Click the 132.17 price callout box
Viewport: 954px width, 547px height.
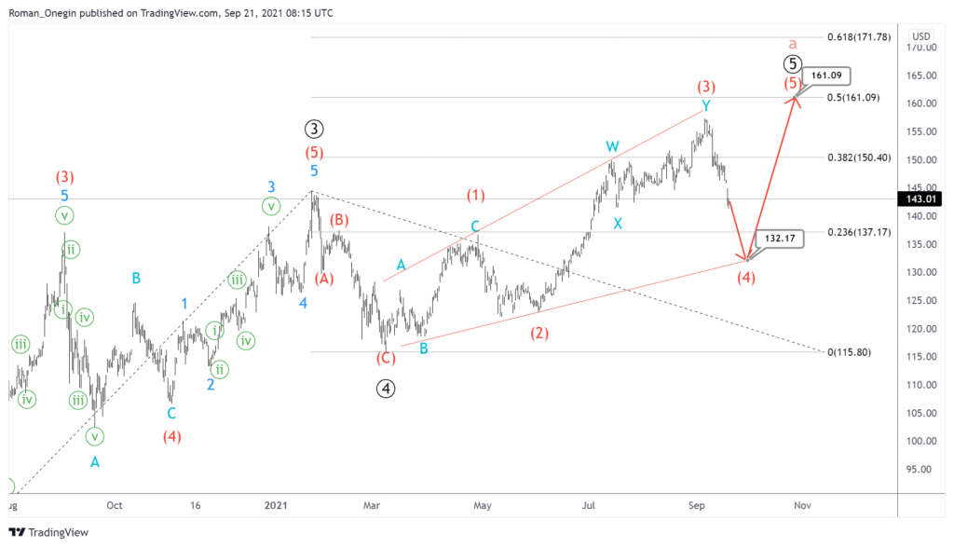click(x=780, y=239)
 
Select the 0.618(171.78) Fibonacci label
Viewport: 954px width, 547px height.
click(x=865, y=37)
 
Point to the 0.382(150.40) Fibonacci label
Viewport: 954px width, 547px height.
click(x=865, y=157)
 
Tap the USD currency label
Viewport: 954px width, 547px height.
click(x=921, y=37)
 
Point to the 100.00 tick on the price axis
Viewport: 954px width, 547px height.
click(x=920, y=441)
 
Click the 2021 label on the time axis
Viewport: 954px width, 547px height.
click(x=276, y=505)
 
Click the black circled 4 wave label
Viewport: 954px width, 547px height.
click(x=386, y=389)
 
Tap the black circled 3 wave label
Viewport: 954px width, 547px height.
click(x=314, y=130)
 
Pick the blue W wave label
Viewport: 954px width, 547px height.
click(x=612, y=147)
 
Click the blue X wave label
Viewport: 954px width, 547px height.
click(x=618, y=224)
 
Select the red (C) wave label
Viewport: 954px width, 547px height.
click(x=386, y=359)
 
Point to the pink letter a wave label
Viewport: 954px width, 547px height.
click(x=792, y=44)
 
